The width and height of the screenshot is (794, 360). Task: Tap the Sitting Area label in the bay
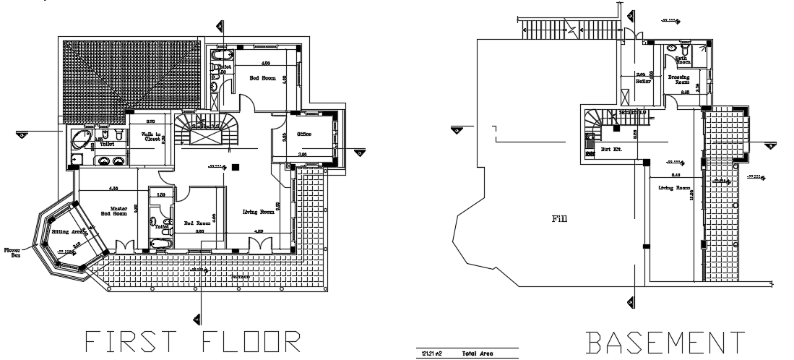tap(68, 231)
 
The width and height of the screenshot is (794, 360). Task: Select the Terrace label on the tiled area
tap(241, 277)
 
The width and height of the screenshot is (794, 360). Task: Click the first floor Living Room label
tap(257, 212)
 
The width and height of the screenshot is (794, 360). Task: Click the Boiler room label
tap(644, 81)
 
